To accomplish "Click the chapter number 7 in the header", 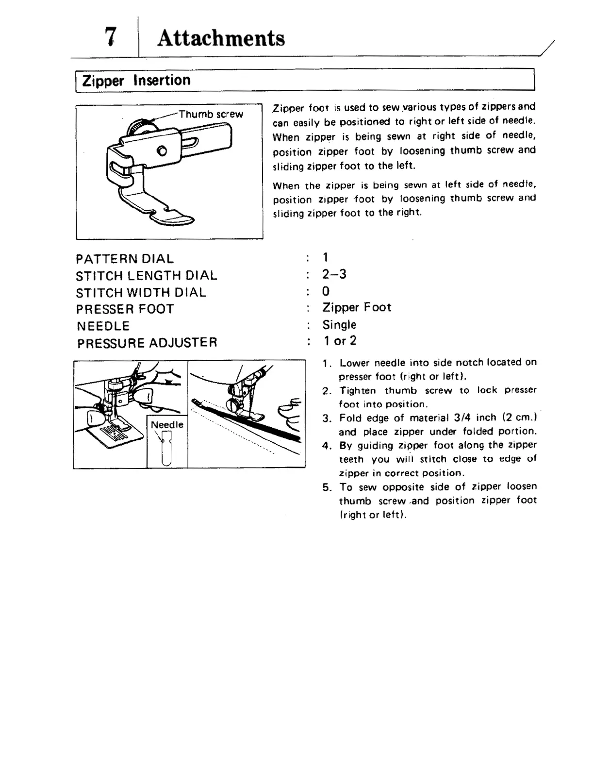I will point(111,36).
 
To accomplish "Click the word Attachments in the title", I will point(221,38).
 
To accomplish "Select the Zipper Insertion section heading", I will point(136,80).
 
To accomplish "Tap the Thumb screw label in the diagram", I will point(211,115).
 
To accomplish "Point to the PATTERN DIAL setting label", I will point(125,259).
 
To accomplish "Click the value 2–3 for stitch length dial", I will point(334,274).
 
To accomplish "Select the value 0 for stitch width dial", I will point(326,291).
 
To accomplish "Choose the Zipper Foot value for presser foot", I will point(357,307).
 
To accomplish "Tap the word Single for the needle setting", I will point(339,324).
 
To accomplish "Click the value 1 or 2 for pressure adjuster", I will point(340,341).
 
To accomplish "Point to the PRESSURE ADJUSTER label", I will point(147,343).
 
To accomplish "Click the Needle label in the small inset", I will point(167,425).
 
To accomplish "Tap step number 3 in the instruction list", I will point(327,418).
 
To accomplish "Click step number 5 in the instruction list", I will point(327,487).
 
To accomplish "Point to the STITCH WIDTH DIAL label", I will point(141,293).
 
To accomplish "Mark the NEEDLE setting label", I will point(103,326).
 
